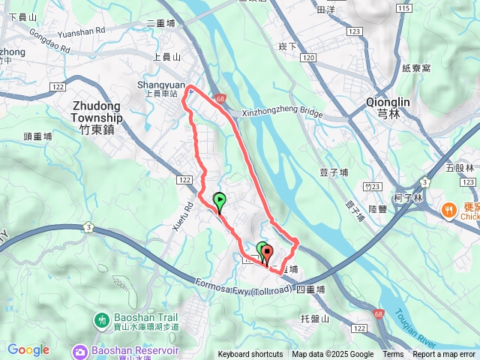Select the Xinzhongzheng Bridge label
coord(282,114)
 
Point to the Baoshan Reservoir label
coord(135,350)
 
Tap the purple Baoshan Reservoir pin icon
coord(80,350)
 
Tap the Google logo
coord(28,349)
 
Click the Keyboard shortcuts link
coord(250,355)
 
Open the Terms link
coord(393,355)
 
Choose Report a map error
coord(444,355)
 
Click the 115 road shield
coord(404,8)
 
